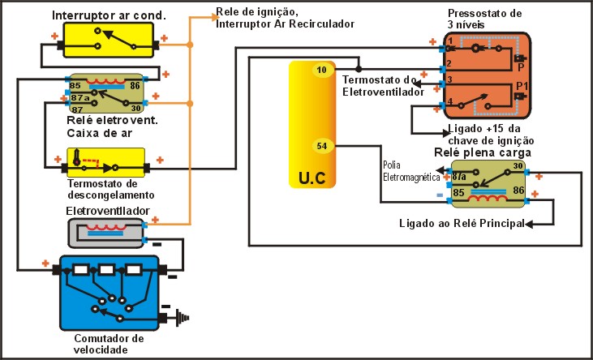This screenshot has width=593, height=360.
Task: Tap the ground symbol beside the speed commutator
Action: coord(178,317)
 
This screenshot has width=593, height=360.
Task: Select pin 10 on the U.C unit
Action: coord(322,71)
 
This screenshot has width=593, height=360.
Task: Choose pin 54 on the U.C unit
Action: coord(322,146)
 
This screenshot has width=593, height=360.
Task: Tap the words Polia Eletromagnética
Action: coord(410,169)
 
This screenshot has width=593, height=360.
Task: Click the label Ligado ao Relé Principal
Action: coord(461,223)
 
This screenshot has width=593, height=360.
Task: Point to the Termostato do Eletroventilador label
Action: coord(378,87)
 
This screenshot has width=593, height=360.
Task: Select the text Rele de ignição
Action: coord(251,12)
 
